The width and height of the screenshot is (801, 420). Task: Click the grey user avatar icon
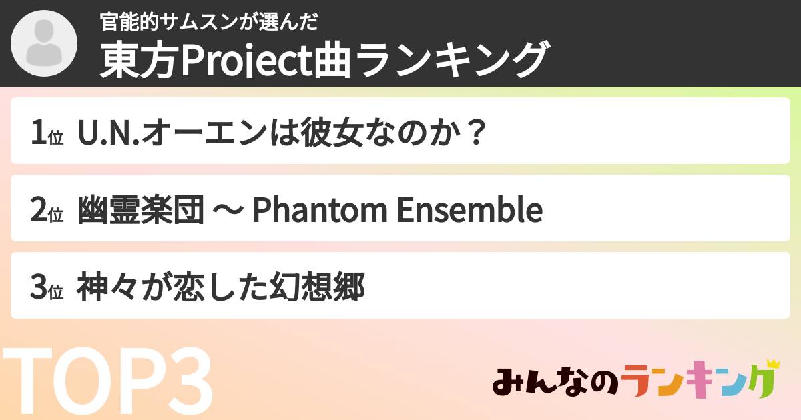point(43,43)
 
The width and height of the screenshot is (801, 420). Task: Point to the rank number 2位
point(46,211)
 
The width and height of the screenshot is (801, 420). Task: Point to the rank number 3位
point(46,289)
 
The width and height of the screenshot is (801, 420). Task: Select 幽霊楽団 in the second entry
point(141,211)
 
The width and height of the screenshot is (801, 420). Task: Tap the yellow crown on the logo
point(772,364)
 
